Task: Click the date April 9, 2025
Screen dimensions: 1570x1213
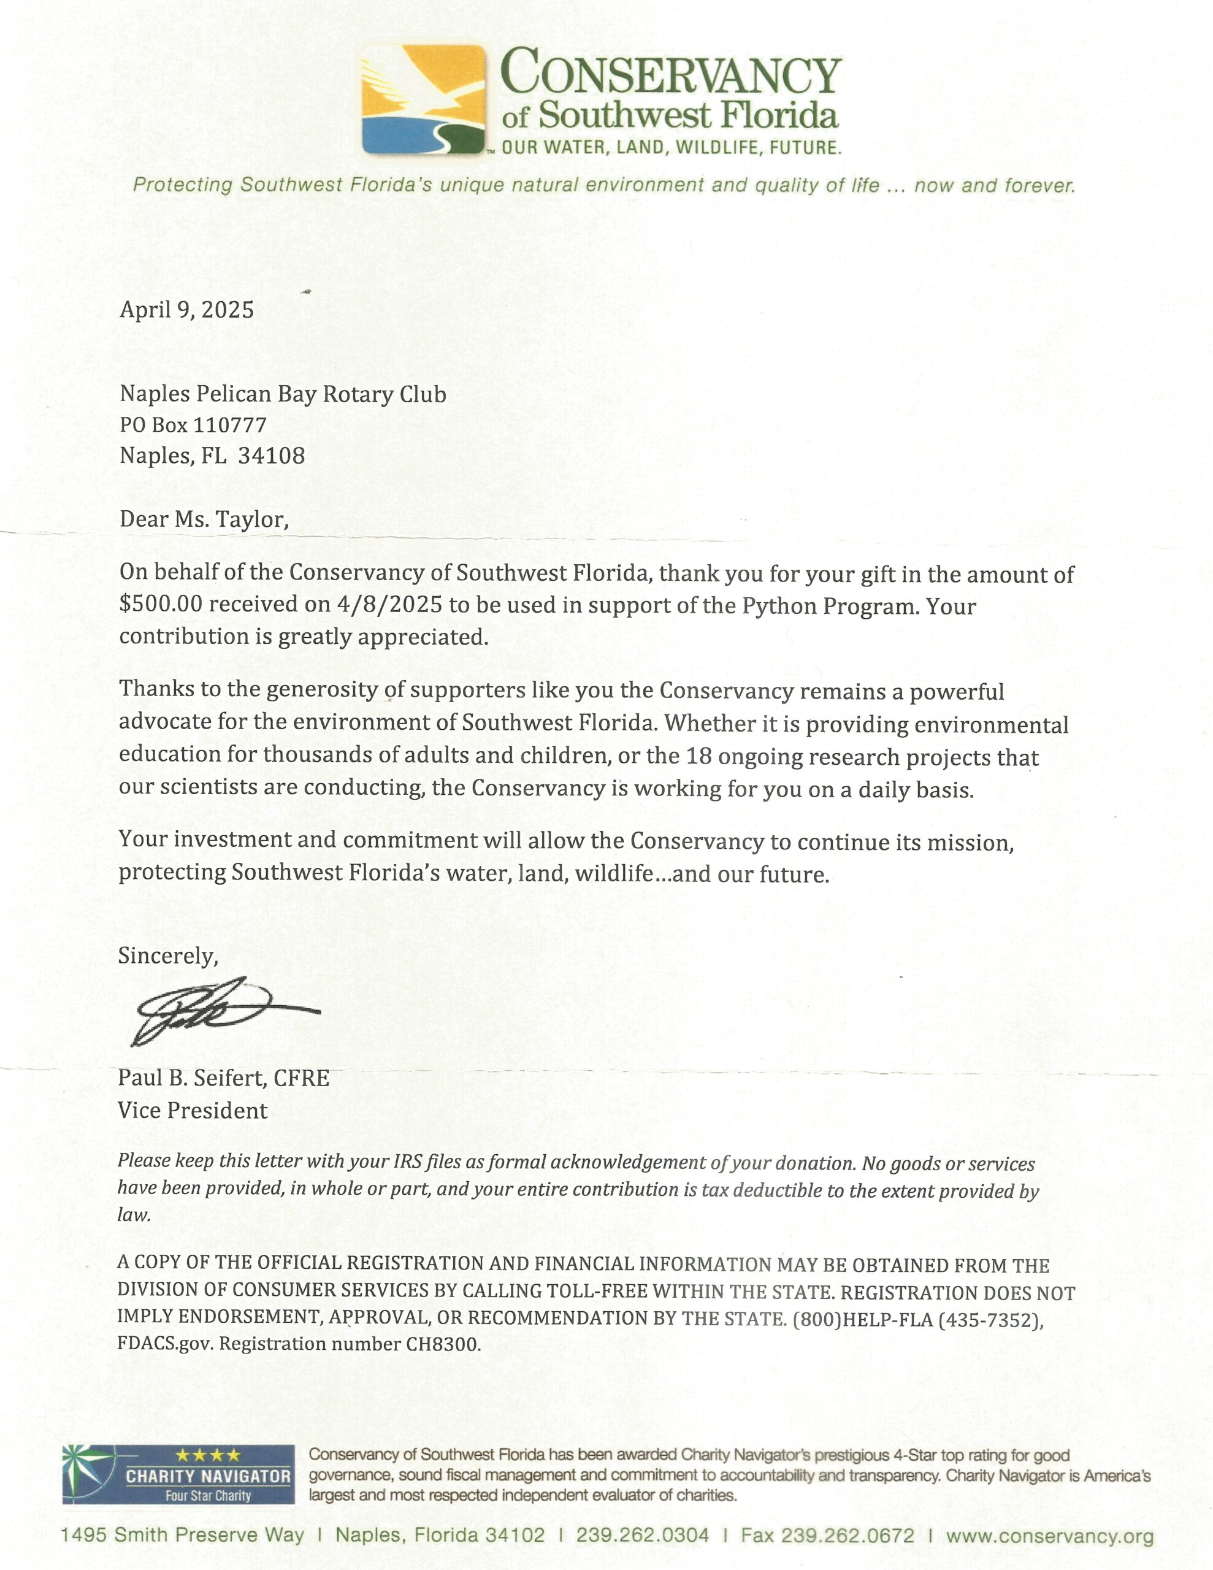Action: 187,310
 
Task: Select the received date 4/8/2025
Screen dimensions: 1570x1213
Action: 389,605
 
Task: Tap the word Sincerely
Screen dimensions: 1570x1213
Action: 167,955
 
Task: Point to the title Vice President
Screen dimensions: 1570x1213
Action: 193,1111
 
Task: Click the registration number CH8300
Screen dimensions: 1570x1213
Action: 443,1344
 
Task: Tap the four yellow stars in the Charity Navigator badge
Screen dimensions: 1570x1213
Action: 208,1456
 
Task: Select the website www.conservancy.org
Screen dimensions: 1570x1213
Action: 1050,1536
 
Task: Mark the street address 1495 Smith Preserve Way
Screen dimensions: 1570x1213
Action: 183,1536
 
